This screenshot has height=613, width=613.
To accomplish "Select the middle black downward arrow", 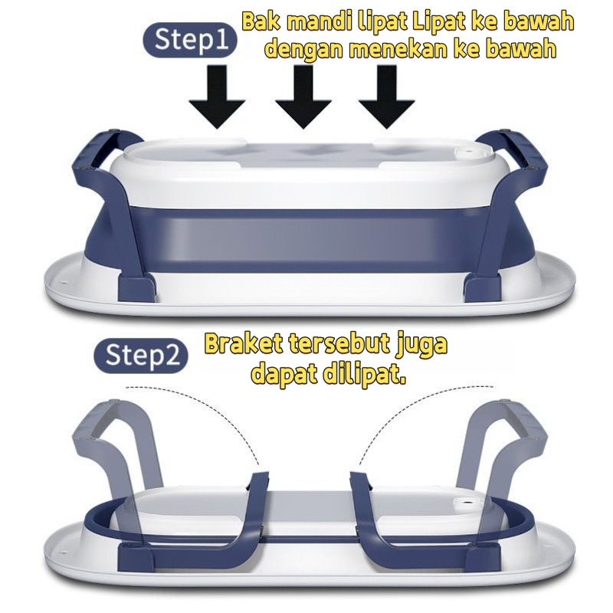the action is [x=303, y=100].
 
